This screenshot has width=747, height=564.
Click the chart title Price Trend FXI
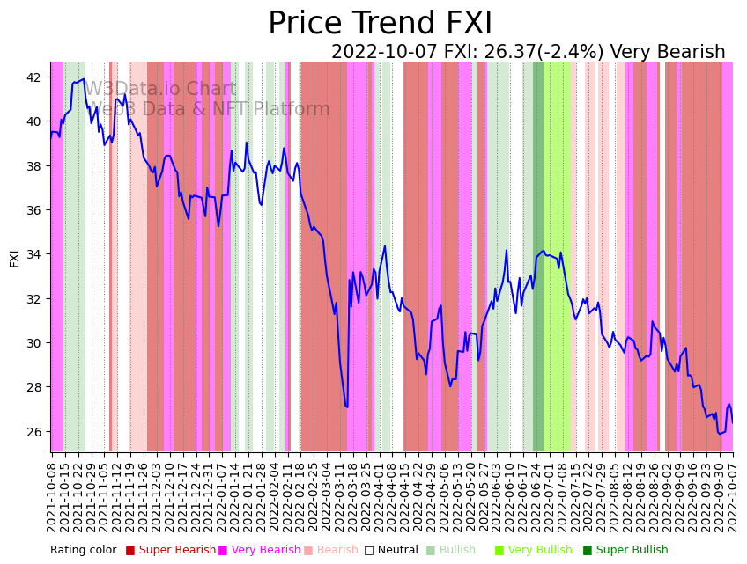380,24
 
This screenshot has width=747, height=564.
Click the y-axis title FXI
14,258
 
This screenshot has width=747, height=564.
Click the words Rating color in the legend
83,550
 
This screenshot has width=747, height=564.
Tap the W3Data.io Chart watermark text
160,90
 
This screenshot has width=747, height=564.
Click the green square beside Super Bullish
588,551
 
